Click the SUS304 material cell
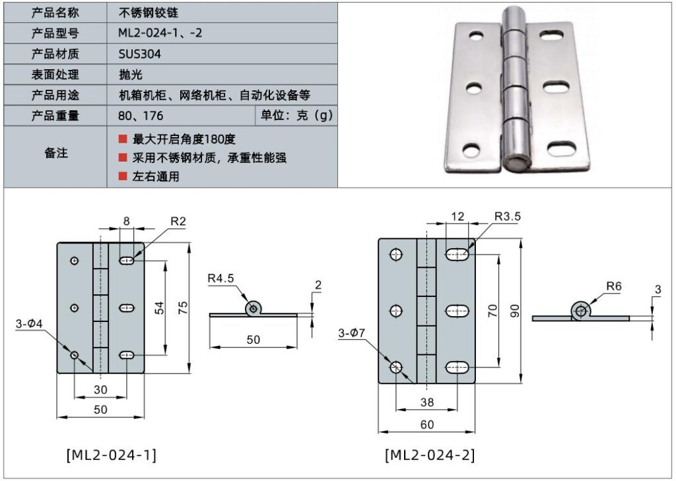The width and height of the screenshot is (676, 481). (x=140, y=54)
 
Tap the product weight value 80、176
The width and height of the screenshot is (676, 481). (x=141, y=116)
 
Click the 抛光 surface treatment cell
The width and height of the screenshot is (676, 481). (x=130, y=75)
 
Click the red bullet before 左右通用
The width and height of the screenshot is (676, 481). (x=122, y=176)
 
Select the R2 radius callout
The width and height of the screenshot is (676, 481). (x=178, y=222)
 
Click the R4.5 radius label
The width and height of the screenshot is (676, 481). (x=220, y=278)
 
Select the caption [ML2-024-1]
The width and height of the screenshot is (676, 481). (x=111, y=455)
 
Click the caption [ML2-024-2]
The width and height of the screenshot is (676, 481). (x=429, y=455)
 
